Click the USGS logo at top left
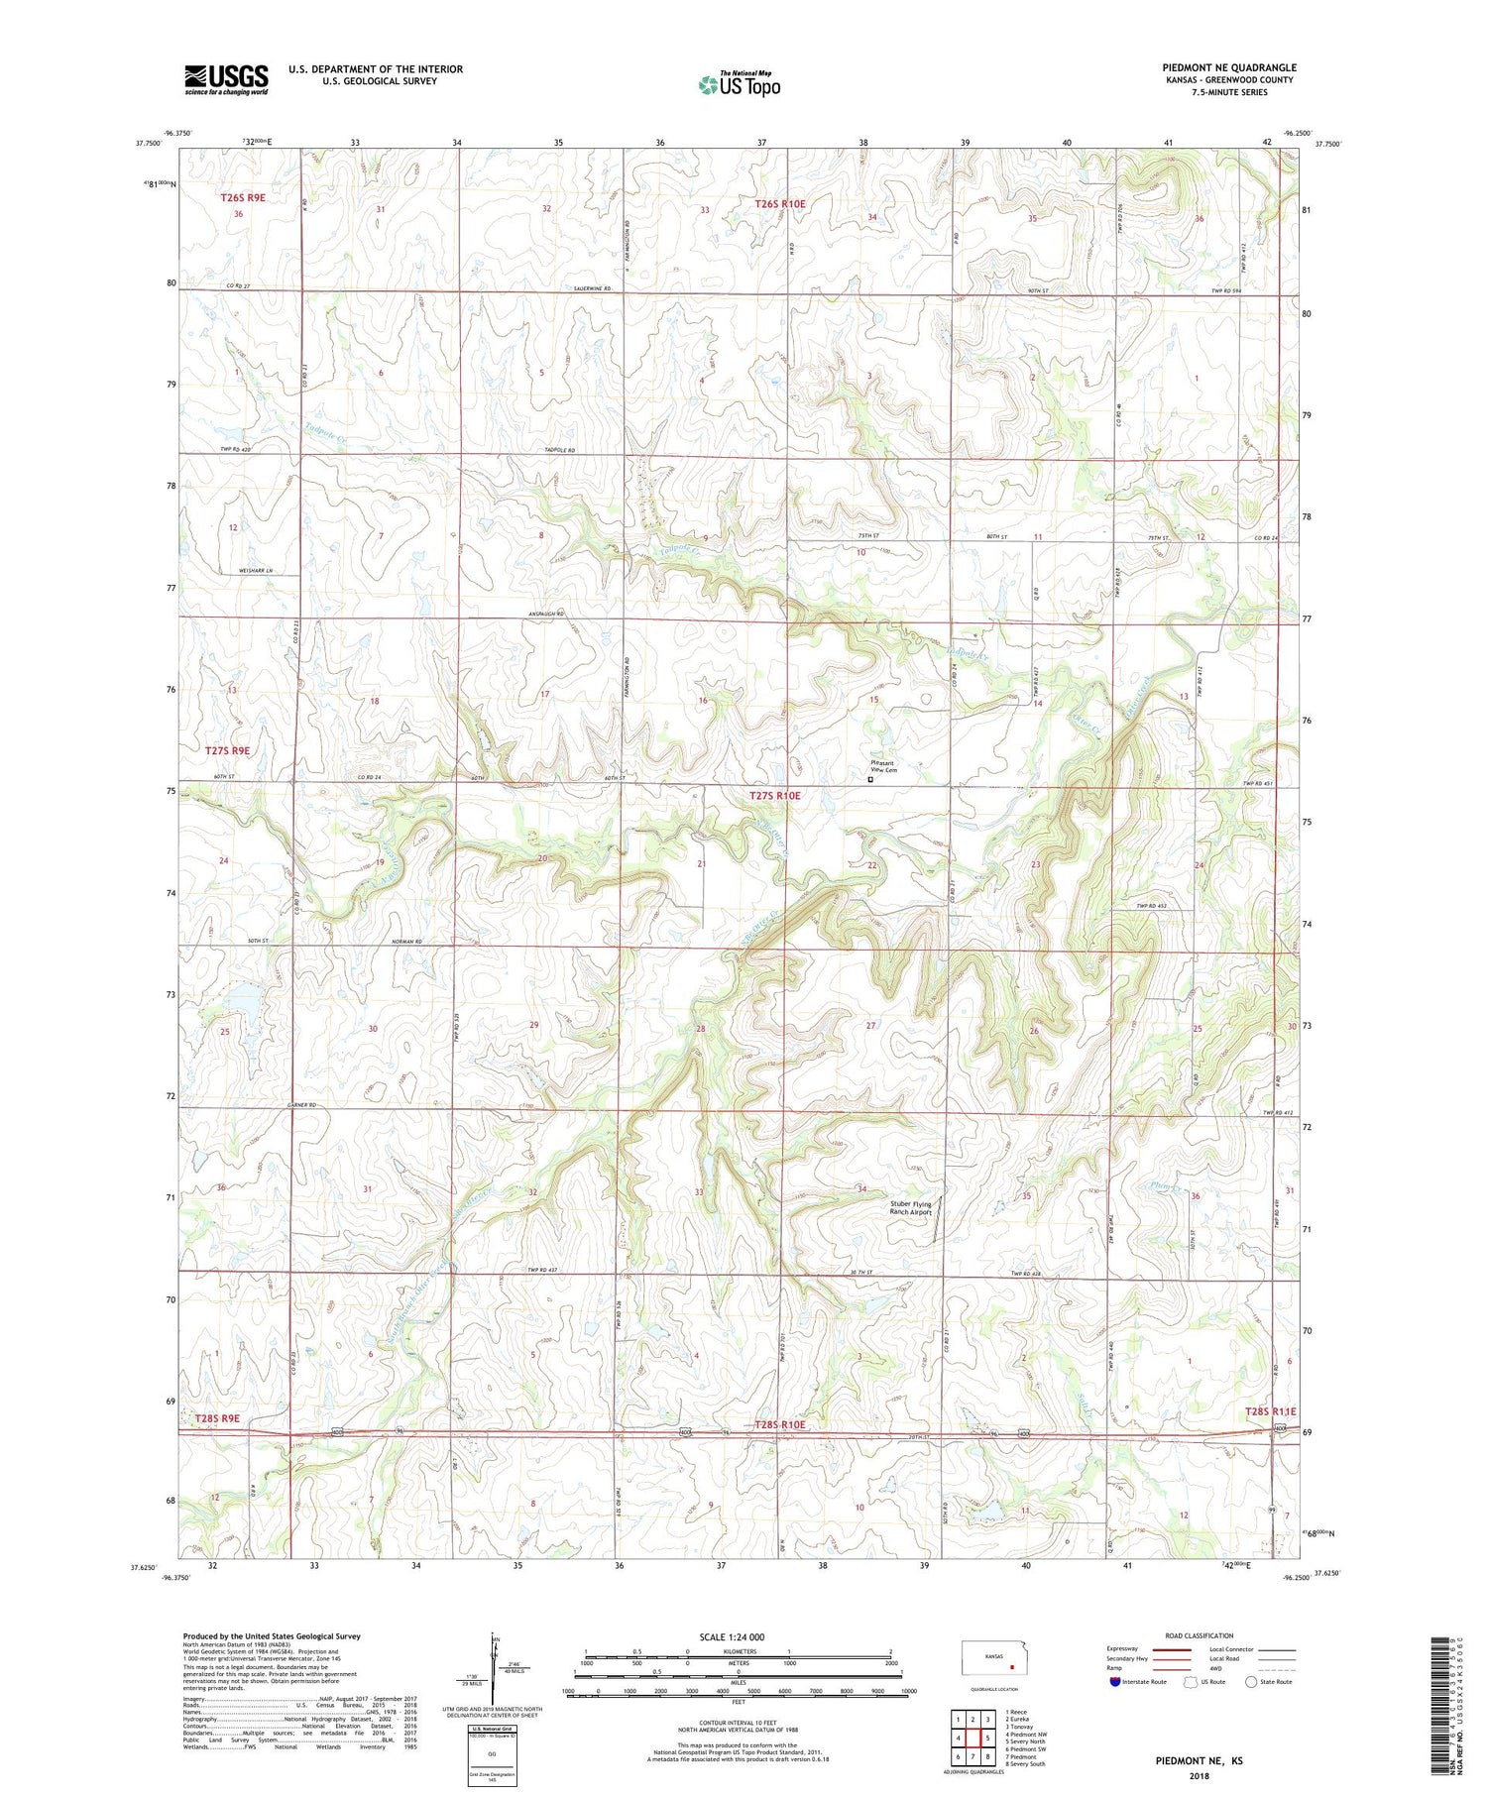226,79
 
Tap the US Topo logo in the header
739,85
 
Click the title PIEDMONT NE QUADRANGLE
1229,67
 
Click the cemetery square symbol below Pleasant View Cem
871,780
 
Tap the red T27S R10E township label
775,796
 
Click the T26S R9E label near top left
243,198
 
